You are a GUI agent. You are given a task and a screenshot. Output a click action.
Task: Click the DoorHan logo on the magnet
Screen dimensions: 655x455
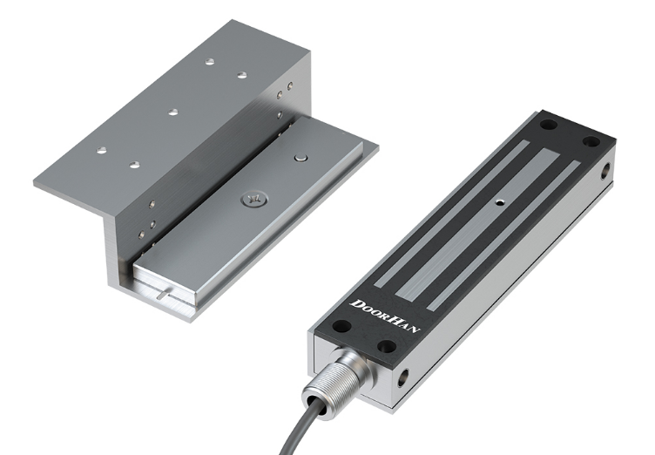coord(384,316)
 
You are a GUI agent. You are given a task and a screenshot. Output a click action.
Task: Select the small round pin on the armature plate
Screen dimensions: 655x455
coord(300,157)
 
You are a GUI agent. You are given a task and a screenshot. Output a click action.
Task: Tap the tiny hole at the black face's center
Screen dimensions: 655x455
coord(499,203)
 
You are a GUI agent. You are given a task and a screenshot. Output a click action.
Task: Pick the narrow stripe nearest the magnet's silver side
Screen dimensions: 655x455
coord(503,235)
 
